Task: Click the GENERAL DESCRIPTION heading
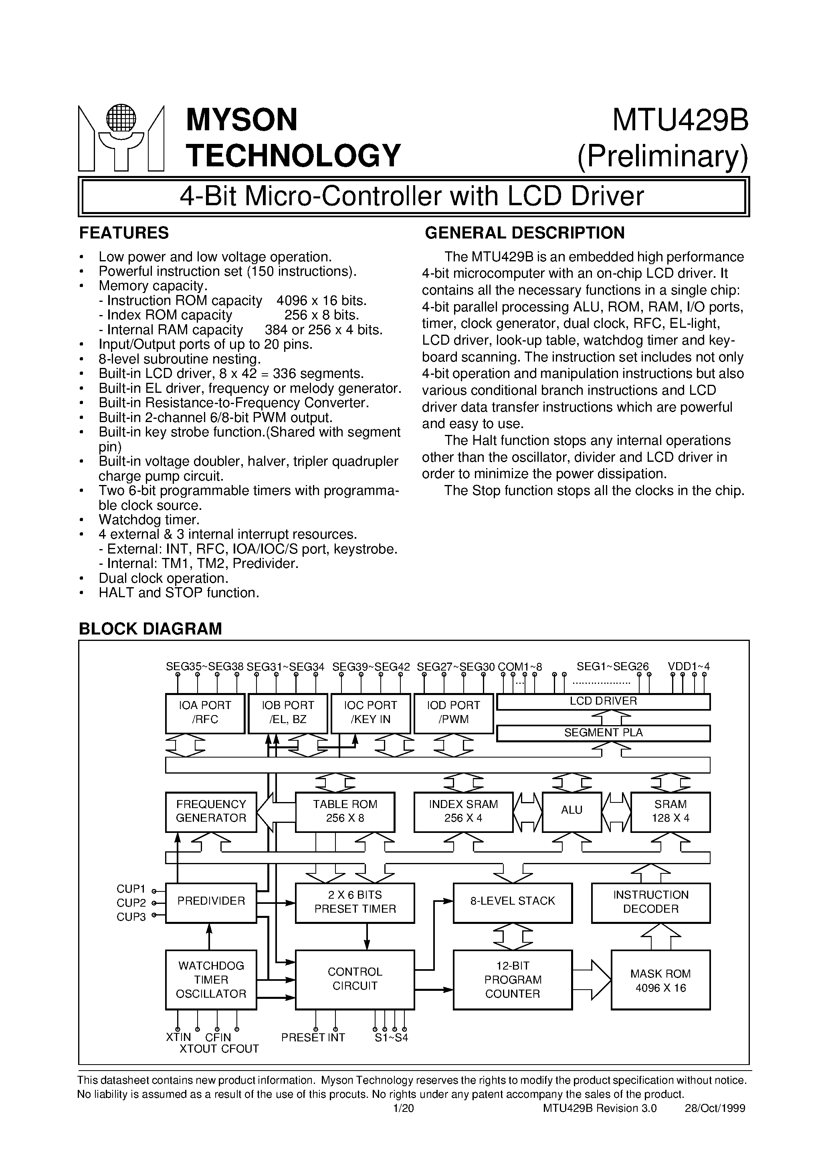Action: (524, 233)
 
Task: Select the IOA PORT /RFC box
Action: (205, 713)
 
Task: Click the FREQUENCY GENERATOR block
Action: (211, 811)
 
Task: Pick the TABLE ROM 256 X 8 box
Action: (345, 811)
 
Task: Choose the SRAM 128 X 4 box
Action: (670, 811)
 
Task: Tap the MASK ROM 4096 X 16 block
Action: (660, 980)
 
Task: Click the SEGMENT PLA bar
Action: (603, 733)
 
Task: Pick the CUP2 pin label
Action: (131, 903)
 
